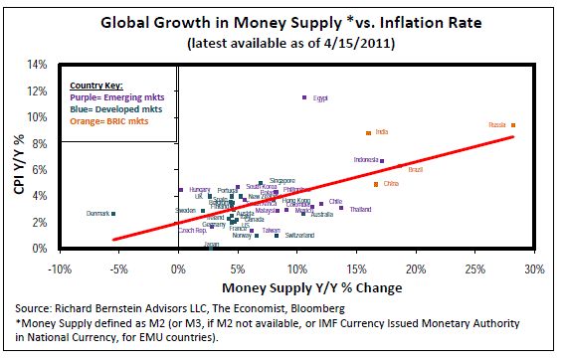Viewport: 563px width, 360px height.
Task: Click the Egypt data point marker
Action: click(304, 97)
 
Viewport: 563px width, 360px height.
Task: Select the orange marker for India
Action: click(368, 132)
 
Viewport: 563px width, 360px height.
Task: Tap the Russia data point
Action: click(513, 124)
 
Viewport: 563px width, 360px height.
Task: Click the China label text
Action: click(390, 184)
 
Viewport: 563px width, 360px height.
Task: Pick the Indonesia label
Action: click(366, 160)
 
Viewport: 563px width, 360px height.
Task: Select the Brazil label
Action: click(416, 170)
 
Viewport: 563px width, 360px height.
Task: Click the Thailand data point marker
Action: click(343, 209)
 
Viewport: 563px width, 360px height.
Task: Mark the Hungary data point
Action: click(180, 190)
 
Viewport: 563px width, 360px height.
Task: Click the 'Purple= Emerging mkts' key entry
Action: click(110, 96)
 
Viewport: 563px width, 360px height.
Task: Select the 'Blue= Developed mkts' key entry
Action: click(106, 108)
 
